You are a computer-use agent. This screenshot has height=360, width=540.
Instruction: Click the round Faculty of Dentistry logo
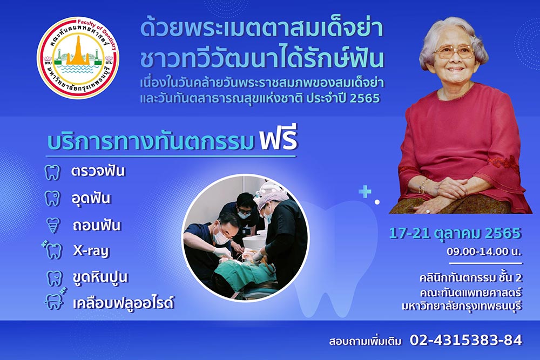click(x=78, y=57)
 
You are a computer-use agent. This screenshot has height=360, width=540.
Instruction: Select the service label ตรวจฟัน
click(x=98, y=172)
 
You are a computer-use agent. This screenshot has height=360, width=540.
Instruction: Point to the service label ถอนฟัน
click(x=97, y=225)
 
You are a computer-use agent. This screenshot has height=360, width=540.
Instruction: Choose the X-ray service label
click(x=91, y=250)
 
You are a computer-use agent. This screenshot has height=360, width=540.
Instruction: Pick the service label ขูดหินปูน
click(x=101, y=278)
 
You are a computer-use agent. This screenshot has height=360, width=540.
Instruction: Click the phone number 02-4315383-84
click(x=466, y=340)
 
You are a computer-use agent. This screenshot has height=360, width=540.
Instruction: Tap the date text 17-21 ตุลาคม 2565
click(x=455, y=233)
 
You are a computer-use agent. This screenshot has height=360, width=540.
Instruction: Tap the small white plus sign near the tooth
click(x=366, y=192)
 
